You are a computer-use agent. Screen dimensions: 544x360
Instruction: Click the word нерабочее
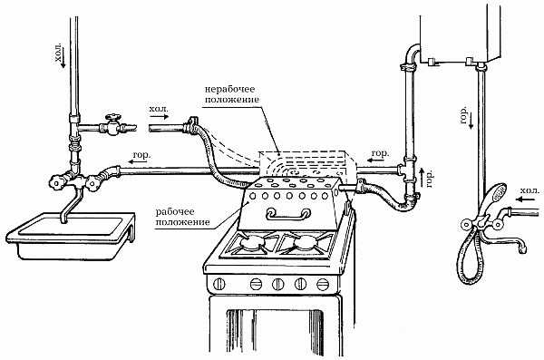pyautogui.click(x=230, y=89)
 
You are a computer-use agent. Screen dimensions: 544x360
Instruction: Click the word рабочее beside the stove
pyautogui.click(x=175, y=212)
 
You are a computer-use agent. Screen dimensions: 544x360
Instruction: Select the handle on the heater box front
pyautogui.click(x=287, y=214)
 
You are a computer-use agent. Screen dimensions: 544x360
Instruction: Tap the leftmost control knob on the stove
pyautogui.click(x=219, y=284)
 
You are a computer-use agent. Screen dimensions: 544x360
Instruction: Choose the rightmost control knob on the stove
pyautogui.click(x=323, y=284)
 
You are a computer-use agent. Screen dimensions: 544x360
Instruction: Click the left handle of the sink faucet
pyautogui.click(x=56, y=181)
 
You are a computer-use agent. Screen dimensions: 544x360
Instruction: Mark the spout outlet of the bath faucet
pyautogui.click(x=522, y=248)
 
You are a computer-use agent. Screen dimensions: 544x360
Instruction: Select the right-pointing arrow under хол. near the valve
pyautogui.click(x=160, y=117)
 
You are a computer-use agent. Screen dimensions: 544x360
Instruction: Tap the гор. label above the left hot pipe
pyautogui.click(x=142, y=155)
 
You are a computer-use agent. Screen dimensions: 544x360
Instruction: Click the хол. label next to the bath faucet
pyautogui.click(x=530, y=190)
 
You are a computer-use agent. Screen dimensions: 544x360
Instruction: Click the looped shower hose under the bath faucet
pyautogui.click(x=471, y=256)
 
